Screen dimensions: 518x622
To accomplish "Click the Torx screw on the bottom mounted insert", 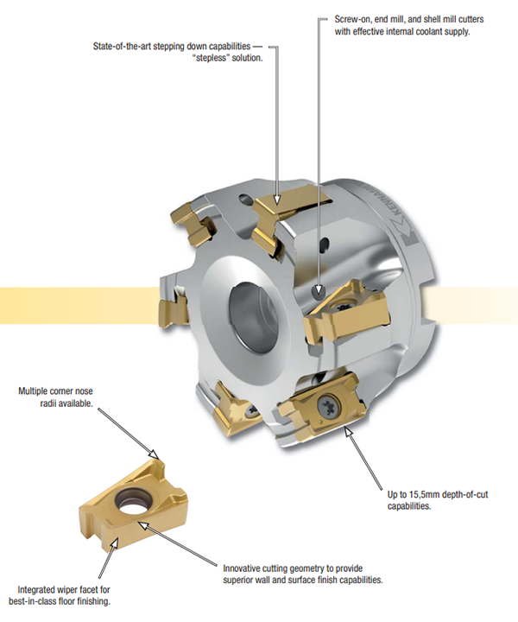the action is click(326, 406).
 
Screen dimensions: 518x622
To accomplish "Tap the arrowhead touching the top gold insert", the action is click(278, 199).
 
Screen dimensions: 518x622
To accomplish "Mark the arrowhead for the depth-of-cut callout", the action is click(349, 431).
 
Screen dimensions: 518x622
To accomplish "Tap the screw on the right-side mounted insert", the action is click(342, 307).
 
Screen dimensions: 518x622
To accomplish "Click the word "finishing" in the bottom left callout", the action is click(94, 602).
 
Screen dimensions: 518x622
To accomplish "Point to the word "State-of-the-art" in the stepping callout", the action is click(122, 47).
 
